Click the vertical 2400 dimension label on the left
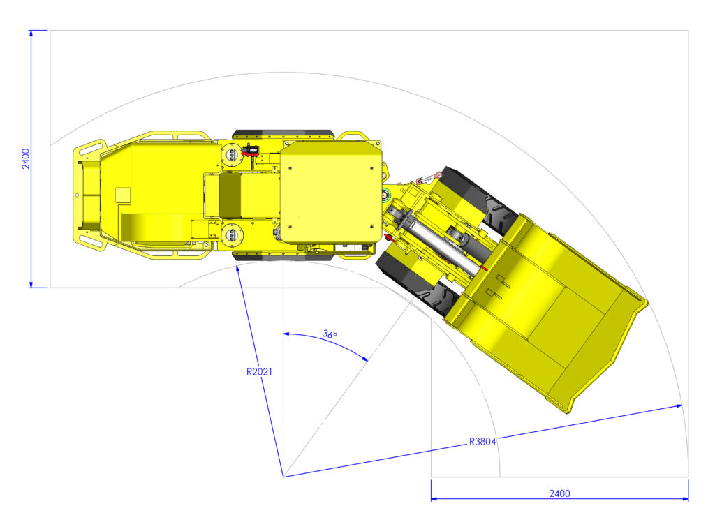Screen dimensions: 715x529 [26, 159]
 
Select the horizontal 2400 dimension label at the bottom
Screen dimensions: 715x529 [559, 493]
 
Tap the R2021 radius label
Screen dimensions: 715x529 [259, 372]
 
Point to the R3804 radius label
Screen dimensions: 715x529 [482, 442]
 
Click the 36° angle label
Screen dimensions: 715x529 [330, 334]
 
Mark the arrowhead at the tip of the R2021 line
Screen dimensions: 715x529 [237, 269]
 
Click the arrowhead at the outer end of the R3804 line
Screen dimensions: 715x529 [679, 405]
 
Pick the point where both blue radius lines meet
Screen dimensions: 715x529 [283, 477]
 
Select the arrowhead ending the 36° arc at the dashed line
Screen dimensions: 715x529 [364, 358]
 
